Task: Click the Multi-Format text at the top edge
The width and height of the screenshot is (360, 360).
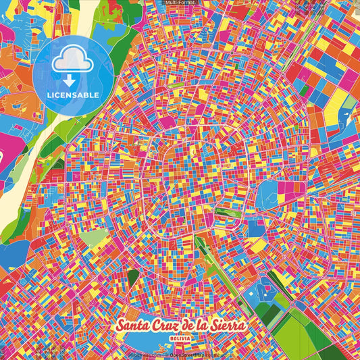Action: point(181,3)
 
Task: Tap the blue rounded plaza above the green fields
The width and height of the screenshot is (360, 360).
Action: point(259,295)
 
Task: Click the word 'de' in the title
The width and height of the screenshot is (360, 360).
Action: point(192,326)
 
